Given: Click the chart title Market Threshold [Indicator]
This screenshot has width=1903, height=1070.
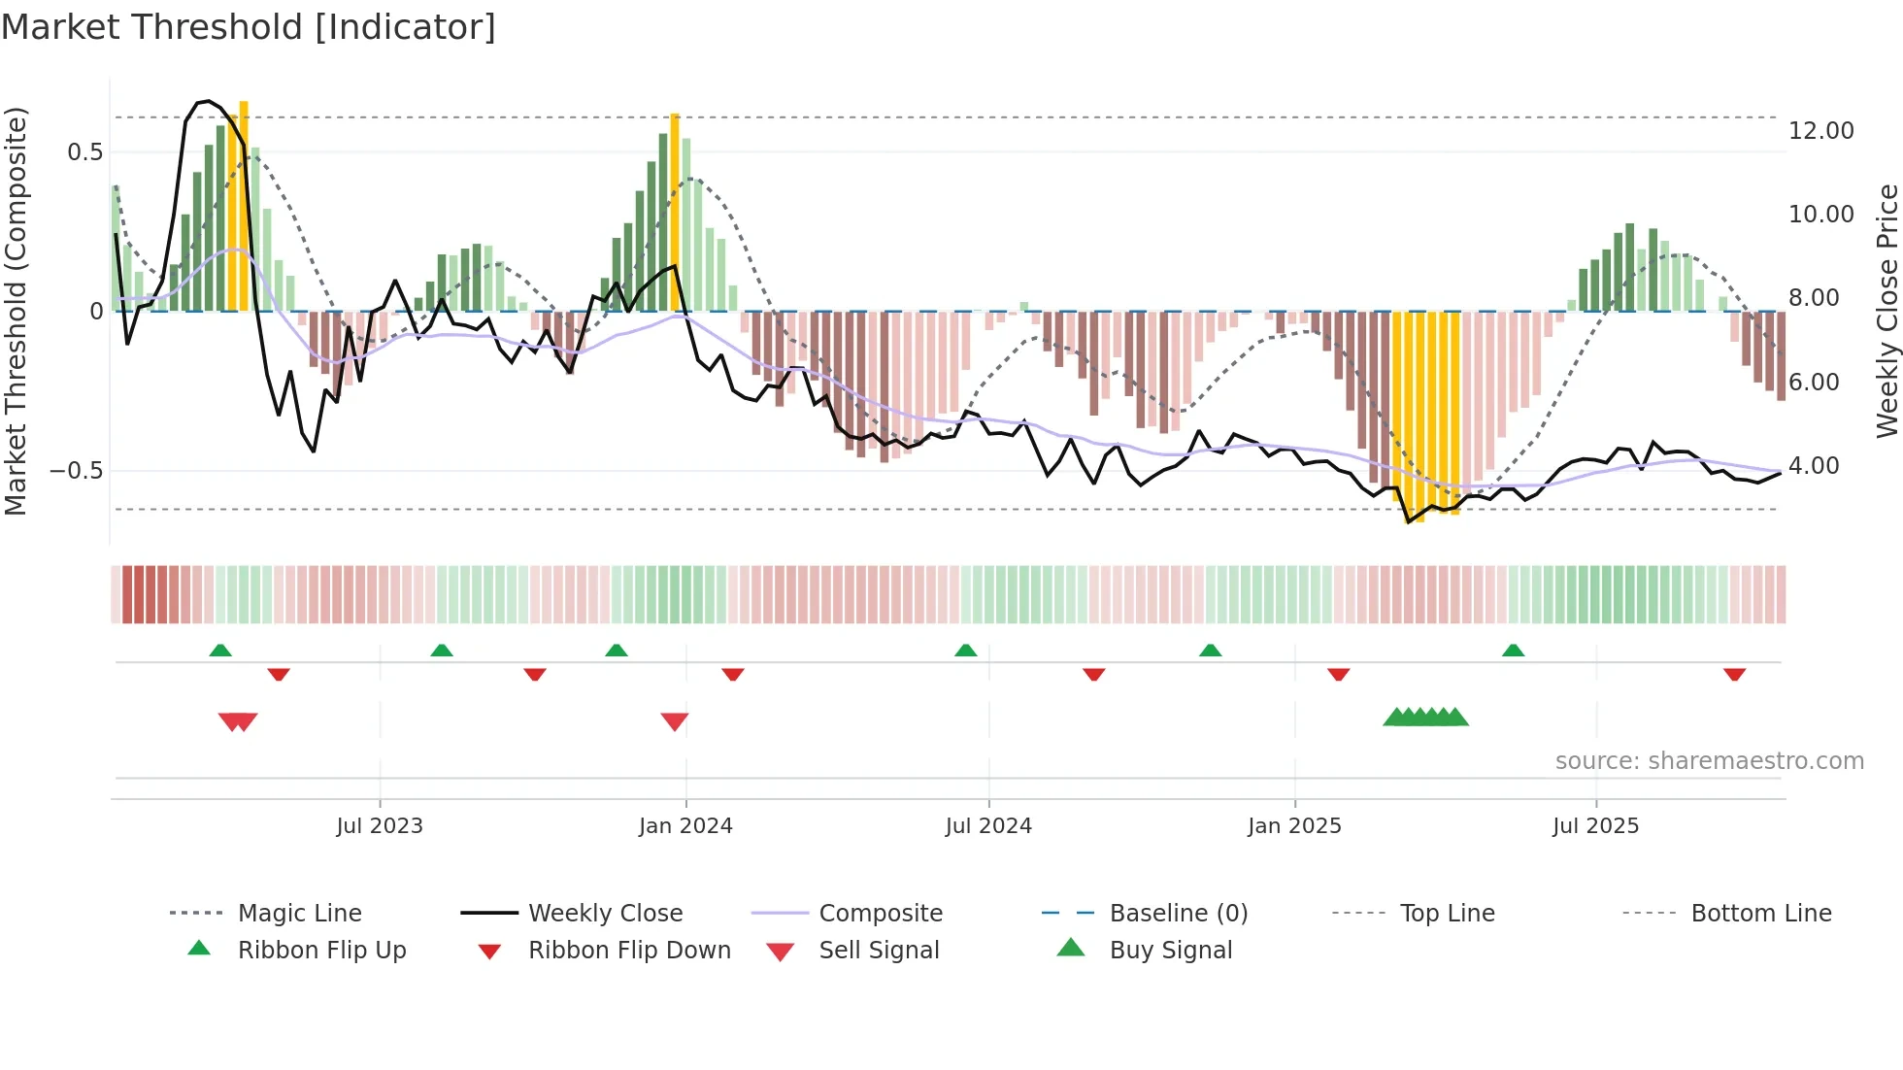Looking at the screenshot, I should tap(249, 27).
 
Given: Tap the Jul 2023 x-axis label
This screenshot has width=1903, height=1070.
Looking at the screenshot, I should tap(380, 826).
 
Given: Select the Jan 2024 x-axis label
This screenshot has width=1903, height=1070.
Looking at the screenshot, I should tap(685, 826).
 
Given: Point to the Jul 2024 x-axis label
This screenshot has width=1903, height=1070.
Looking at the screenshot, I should tap(988, 826).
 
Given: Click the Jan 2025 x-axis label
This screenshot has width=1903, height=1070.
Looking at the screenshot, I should tap(1294, 826).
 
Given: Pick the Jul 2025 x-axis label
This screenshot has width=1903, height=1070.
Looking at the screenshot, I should tap(1595, 826).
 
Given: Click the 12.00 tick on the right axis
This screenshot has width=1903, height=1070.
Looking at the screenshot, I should tap(1820, 131).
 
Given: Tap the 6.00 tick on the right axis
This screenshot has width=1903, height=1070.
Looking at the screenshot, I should tap(1813, 383).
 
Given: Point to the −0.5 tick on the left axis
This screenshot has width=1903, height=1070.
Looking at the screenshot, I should tap(77, 471).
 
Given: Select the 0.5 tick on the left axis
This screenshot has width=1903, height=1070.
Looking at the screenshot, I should tap(84, 152).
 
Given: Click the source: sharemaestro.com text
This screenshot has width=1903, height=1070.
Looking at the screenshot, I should tap(1709, 761).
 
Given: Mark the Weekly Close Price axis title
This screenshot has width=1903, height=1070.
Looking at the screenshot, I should tap(1886, 311).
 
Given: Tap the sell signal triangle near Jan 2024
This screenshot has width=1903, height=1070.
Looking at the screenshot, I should tap(675, 721).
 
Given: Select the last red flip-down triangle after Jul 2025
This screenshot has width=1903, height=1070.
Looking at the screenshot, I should tap(1735, 674).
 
